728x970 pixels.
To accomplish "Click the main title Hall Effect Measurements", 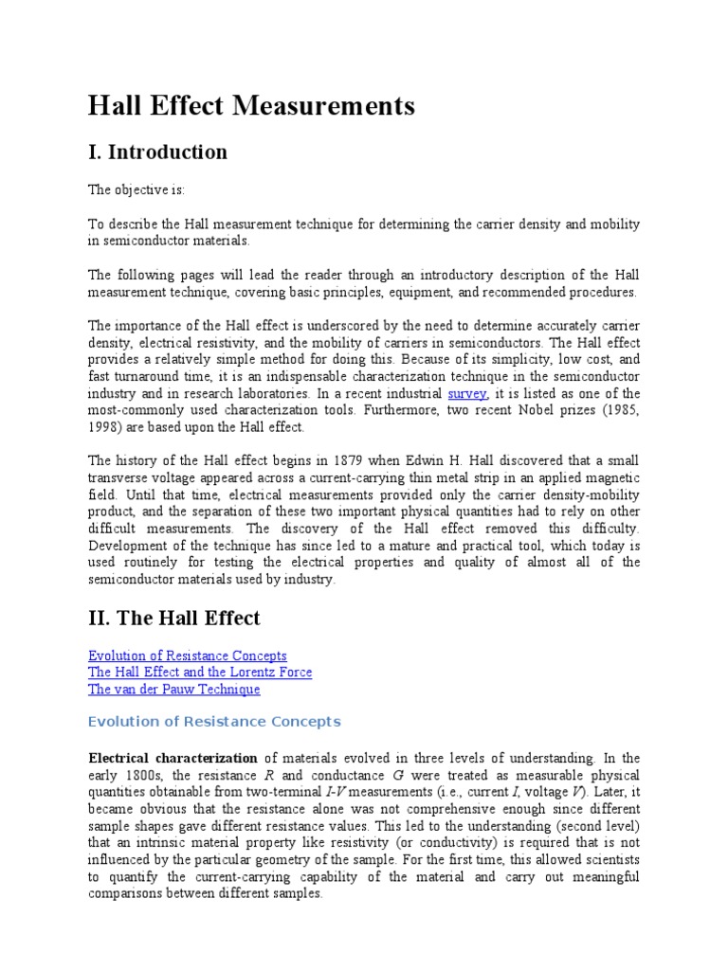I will pos(251,106).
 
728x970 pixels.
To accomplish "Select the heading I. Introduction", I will pos(157,153).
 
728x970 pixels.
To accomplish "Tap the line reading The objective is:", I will pos(136,189).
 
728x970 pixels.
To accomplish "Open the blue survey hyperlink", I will pos(467,393).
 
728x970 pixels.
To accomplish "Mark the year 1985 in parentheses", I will pos(620,410).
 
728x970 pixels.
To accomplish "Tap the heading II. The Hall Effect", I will pos(173,619).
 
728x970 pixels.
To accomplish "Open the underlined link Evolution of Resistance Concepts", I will pos(187,656).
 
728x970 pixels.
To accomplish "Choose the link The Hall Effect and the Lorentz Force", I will pos(199,673).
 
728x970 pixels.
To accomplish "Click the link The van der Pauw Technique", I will pos(173,690).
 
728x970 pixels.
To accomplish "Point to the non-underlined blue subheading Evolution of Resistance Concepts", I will pos(213,722).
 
